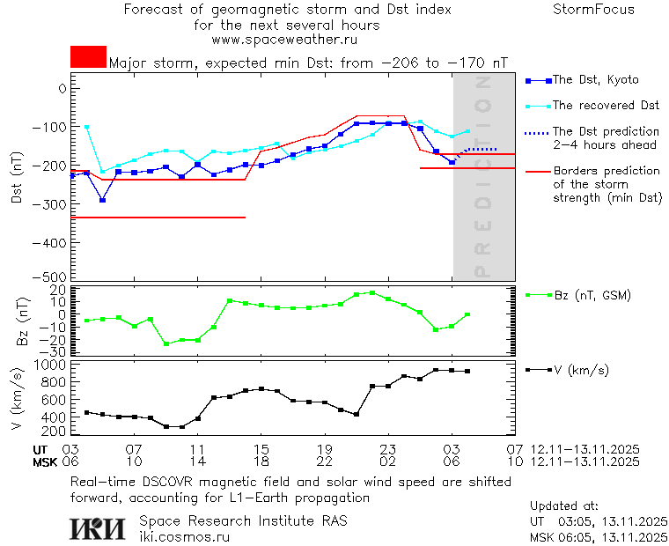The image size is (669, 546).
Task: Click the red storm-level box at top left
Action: (x=88, y=56)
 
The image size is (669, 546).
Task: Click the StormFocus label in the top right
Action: (x=593, y=10)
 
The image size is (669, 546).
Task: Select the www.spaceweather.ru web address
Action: (x=284, y=40)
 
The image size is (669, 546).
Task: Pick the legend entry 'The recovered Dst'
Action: (x=606, y=106)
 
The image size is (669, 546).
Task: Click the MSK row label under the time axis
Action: (x=44, y=461)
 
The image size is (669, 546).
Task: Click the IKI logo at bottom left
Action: (x=96, y=528)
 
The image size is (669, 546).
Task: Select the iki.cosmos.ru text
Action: (x=184, y=536)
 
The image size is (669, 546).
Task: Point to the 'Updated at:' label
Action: (x=563, y=506)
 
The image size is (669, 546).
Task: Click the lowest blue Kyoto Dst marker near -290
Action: (x=103, y=200)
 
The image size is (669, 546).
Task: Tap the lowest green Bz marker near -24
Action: (x=166, y=343)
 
